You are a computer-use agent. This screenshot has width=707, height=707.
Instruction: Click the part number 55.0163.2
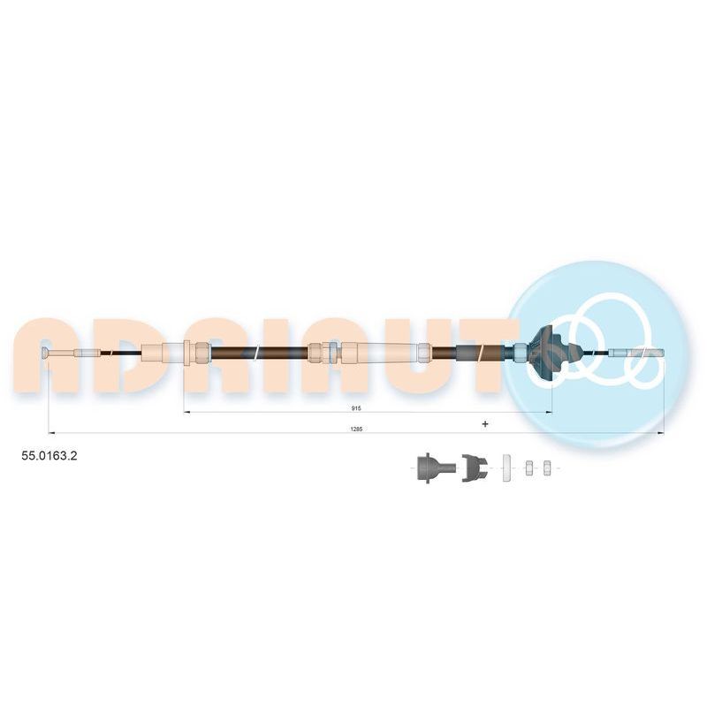[49, 456]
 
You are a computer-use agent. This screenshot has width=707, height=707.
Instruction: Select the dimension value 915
[356, 408]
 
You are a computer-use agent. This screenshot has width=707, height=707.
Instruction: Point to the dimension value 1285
[356, 430]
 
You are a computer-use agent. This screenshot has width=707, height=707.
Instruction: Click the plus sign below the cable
[485, 424]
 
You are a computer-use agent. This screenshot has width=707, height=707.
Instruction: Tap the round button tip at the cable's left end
[45, 353]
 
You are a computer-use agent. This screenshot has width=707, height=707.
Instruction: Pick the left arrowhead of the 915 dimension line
[187, 412]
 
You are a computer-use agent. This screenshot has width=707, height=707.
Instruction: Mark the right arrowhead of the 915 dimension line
[549, 412]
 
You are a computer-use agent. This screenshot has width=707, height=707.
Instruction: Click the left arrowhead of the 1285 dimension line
[51, 433]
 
